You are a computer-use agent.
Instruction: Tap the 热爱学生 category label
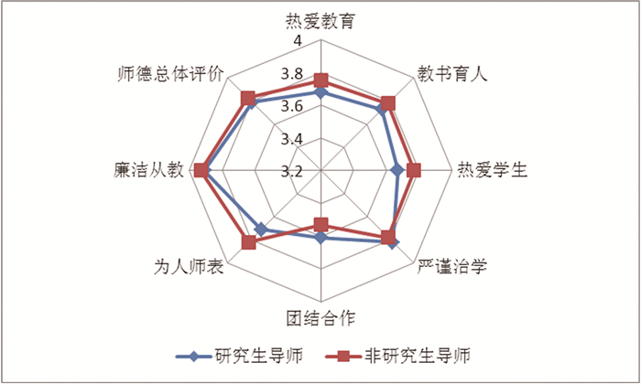point(492,171)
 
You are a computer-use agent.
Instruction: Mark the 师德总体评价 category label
point(171,74)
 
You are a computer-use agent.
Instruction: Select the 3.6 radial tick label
point(293,106)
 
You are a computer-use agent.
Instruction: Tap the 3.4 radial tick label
point(293,139)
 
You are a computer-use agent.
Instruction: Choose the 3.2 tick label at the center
point(293,171)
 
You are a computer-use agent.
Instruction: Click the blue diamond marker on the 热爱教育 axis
point(320,92)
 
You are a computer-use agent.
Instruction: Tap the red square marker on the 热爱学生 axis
point(414,170)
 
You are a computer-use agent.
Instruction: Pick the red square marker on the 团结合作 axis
point(320,224)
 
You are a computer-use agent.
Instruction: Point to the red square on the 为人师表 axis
point(248,242)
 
